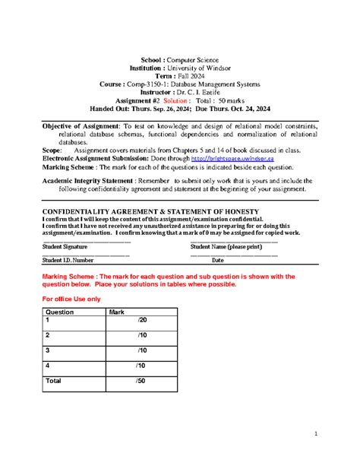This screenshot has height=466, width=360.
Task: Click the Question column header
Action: point(60,312)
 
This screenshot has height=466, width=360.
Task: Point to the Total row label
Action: point(54,380)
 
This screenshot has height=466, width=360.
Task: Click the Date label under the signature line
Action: point(217,260)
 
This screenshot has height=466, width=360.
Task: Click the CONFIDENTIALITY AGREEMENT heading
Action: point(150,211)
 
